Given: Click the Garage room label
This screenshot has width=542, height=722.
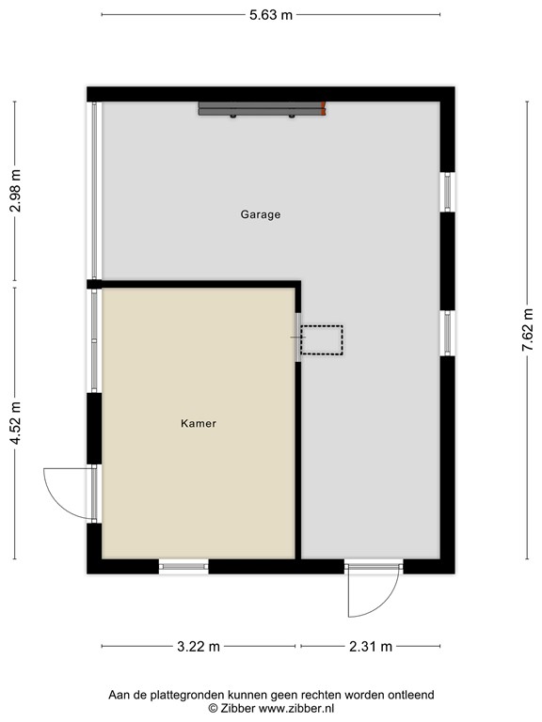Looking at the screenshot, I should tap(261, 214).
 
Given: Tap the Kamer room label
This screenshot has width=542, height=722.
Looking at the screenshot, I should tap(199, 424).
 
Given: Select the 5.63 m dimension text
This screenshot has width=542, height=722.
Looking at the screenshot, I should tap(270, 14).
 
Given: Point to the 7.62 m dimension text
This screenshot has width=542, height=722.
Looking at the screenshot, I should tap(529, 328).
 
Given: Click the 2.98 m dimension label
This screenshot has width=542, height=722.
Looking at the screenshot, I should tap(14, 192).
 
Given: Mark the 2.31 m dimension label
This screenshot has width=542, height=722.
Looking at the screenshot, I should tap(371, 646).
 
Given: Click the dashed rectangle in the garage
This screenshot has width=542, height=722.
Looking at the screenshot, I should tap(322, 339).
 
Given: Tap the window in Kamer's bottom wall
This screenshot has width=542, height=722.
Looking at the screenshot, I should tap(183, 565).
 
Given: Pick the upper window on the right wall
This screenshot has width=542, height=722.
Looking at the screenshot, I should tap(448, 192).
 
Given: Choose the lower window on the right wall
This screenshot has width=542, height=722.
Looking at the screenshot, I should tap(448, 332).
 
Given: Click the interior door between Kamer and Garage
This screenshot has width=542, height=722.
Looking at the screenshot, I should tap(298, 337).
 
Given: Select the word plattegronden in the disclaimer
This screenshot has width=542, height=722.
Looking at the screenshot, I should tap(188, 695).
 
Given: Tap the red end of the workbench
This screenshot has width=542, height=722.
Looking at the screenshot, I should tap(325, 109).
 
